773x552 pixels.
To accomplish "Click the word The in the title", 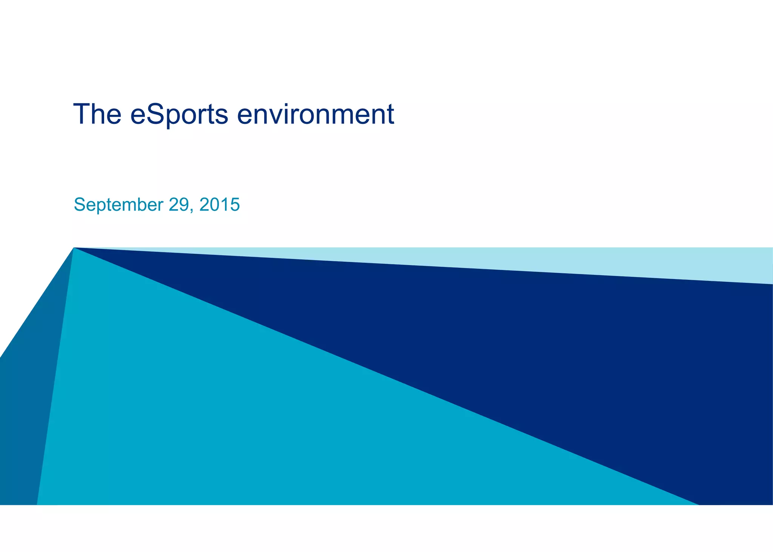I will coord(97,114).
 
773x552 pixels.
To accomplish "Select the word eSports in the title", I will coord(179,114).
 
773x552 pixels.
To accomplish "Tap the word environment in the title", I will coord(316,114).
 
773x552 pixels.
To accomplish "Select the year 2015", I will coord(219,204).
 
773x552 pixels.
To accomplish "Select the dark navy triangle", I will coord(566,359).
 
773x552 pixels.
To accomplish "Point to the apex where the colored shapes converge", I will coord(74,248).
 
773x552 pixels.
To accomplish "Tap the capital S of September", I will coord(79,204).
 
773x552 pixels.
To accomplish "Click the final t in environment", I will coord(390,114).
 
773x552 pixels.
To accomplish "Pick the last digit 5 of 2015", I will coord(235,204).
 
